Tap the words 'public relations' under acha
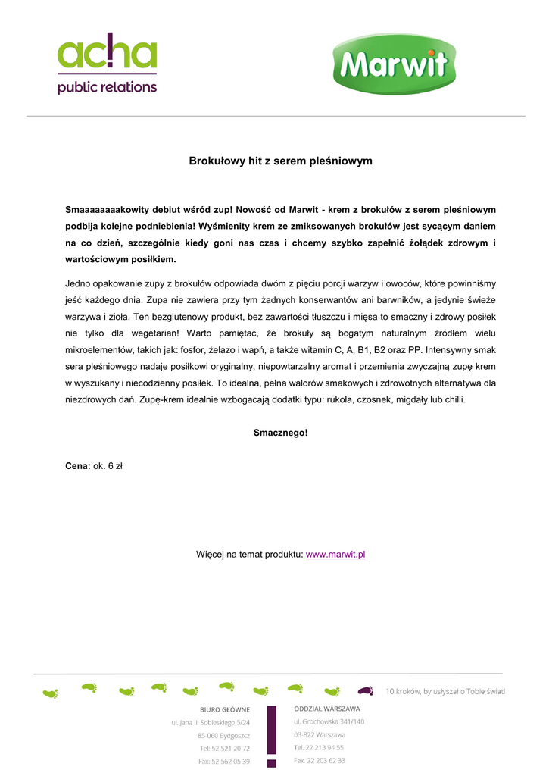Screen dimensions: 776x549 click(x=107, y=87)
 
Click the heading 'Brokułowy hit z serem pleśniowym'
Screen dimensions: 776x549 click(x=280, y=161)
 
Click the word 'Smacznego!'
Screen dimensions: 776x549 click(x=280, y=433)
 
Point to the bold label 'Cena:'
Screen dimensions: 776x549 click(x=78, y=466)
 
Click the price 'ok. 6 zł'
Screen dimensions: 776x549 click(x=108, y=466)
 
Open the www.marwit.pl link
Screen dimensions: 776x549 click(x=335, y=555)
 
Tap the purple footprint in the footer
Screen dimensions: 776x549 click(x=366, y=691)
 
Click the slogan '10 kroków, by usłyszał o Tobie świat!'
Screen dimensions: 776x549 click(x=445, y=691)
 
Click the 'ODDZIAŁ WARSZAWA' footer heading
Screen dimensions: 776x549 click(x=327, y=709)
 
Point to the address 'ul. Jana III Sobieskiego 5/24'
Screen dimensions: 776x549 click(x=211, y=723)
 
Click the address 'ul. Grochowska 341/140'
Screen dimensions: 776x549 click(x=329, y=721)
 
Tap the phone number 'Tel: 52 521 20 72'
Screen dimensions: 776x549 click(x=224, y=749)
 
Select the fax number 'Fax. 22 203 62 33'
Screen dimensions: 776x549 click(x=320, y=760)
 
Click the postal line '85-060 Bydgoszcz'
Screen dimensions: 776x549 click(x=223, y=736)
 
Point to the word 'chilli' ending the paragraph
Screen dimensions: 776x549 click(x=453, y=399)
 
